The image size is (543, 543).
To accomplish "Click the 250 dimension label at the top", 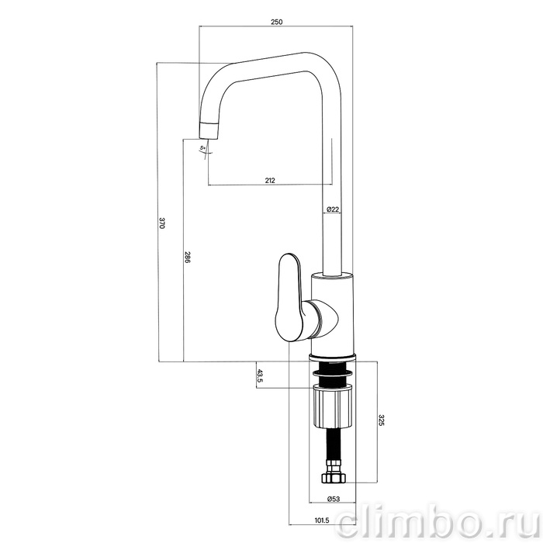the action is (276, 22).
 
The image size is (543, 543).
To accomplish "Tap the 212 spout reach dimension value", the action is (270, 180).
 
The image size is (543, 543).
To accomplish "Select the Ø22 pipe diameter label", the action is (333, 209).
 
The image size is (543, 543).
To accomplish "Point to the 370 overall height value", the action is (162, 223).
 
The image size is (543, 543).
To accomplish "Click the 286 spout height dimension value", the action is (187, 257).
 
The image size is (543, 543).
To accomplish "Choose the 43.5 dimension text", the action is (260, 375).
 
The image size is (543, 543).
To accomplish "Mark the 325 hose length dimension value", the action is (381, 420).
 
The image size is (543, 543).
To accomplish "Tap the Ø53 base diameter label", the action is (334, 499).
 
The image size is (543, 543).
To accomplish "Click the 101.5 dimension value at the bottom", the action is (322, 521).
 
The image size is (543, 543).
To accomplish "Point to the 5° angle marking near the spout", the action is (202, 148).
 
